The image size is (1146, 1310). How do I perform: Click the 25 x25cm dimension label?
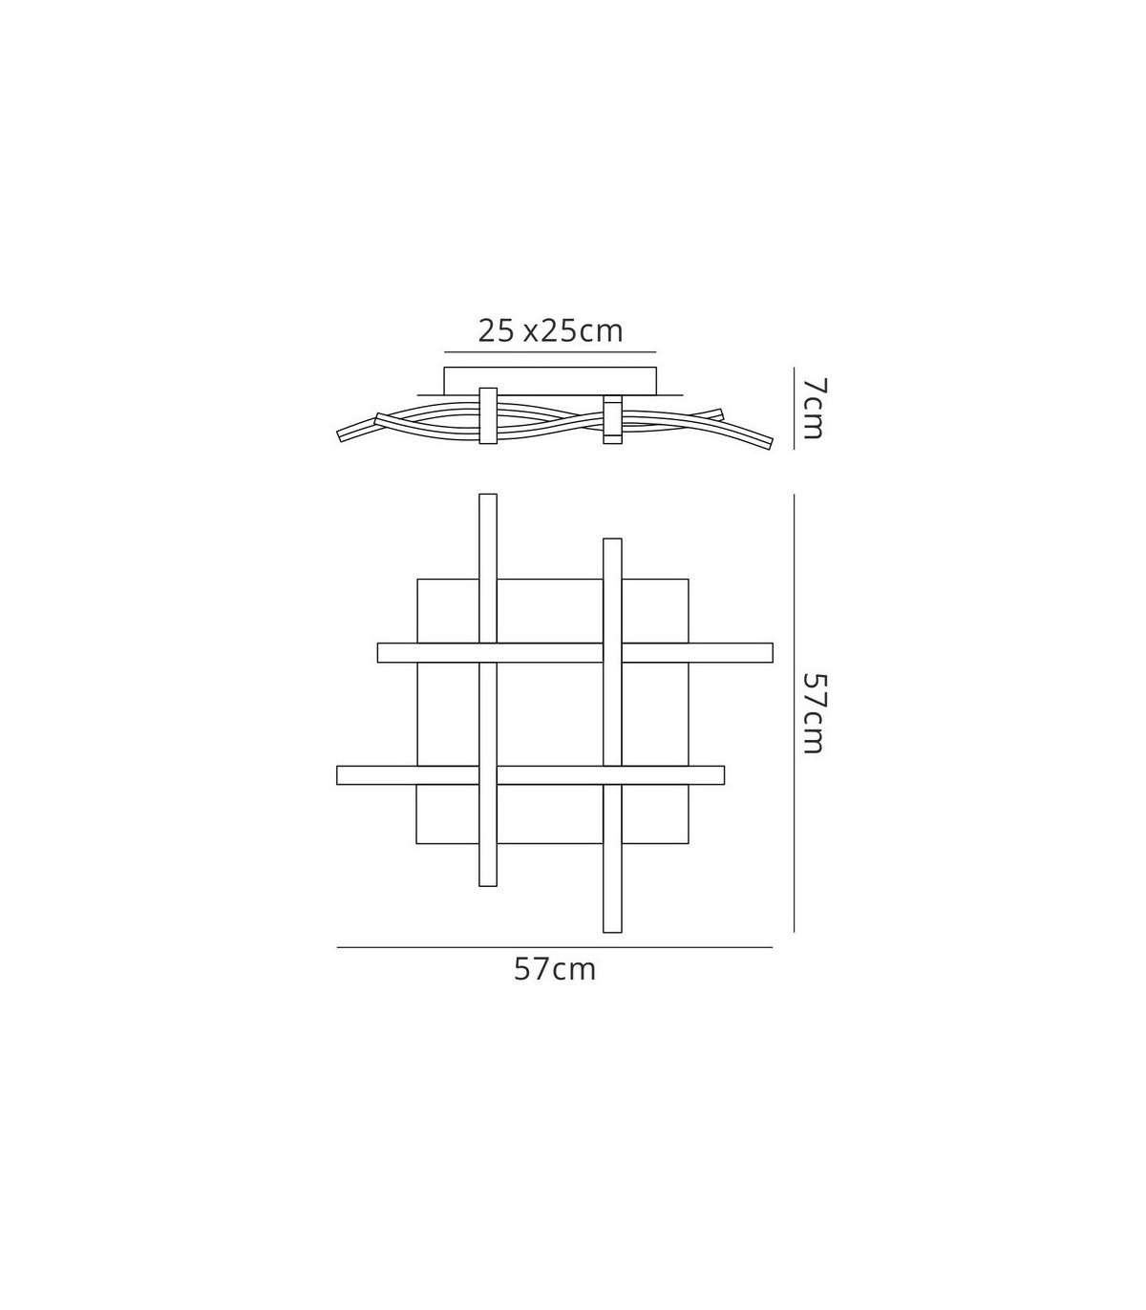551,331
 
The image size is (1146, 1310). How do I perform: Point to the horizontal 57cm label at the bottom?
555,970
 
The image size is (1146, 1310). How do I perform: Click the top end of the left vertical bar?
488,495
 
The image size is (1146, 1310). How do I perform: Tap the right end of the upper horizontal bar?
772,652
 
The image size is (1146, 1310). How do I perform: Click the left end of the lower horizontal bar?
338,774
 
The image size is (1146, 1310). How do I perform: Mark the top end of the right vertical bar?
612,539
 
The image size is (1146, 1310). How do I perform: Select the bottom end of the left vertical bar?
488,885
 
